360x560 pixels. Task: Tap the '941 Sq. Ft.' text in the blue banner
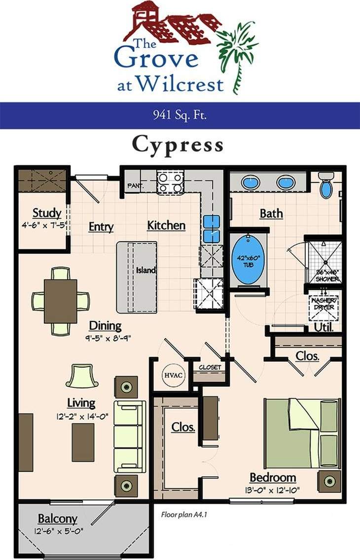click(179, 116)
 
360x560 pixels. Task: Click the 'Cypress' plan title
click(178, 144)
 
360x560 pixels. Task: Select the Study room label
click(47, 213)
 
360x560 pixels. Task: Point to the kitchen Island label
click(146, 270)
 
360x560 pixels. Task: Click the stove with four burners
click(170, 181)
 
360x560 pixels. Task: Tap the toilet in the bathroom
click(326, 186)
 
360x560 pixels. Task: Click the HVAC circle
click(174, 375)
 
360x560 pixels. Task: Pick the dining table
click(60, 301)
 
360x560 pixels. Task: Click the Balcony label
click(58, 519)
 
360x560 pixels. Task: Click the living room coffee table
click(83, 442)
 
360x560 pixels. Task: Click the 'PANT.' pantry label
click(135, 186)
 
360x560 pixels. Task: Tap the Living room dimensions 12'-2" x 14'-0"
click(82, 416)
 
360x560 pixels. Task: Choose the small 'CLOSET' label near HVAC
click(210, 367)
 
